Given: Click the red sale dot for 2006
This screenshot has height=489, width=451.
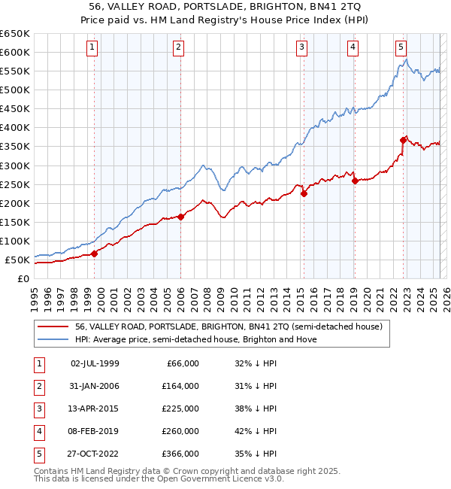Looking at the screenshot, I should (181, 217).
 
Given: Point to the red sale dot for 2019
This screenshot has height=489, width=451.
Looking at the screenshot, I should (355, 180).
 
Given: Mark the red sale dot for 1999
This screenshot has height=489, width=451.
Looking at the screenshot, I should (95, 254).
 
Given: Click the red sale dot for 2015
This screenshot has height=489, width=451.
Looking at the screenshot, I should (304, 193).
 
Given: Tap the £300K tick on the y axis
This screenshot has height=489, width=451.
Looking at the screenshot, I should (15, 166).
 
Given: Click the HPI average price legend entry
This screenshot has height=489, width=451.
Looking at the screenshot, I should (195, 339).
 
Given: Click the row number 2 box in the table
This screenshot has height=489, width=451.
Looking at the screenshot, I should (39, 386).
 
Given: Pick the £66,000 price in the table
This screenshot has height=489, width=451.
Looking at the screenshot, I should (181, 363).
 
